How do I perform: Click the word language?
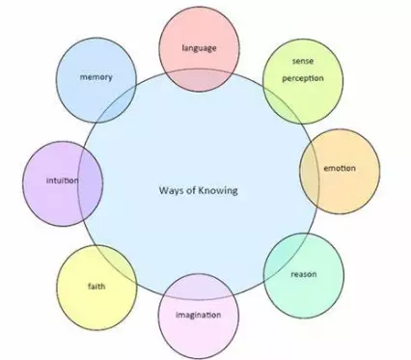coord(200,46)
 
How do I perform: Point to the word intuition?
coord(62,180)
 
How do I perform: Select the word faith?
coord(96,286)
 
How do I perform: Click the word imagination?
coord(198,315)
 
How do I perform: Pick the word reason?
coord(304,273)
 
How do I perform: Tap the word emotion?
coord(339,169)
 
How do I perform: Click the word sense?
coord(303,61)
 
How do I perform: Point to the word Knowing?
coord(216,190)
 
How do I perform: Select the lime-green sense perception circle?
coord(303,92)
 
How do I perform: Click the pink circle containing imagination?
coord(198,333)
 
